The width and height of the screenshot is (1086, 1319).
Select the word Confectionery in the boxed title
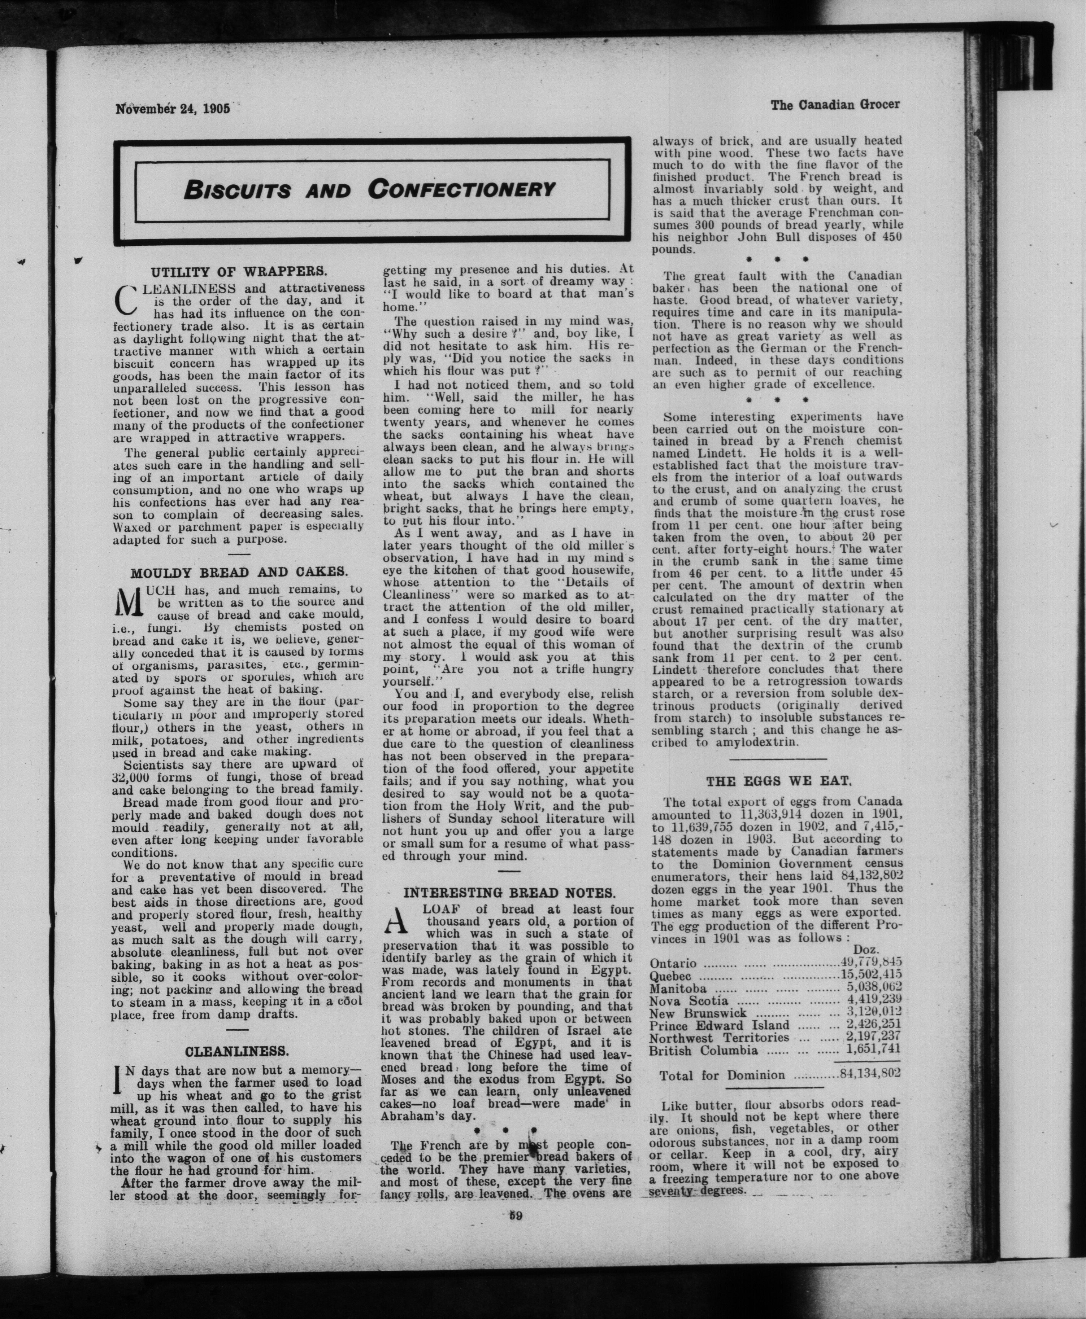(x=462, y=189)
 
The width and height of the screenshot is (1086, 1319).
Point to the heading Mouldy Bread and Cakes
(x=238, y=572)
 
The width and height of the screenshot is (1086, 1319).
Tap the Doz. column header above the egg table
(x=866, y=950)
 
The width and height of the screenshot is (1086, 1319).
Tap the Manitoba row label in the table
(x=678, y=988)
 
